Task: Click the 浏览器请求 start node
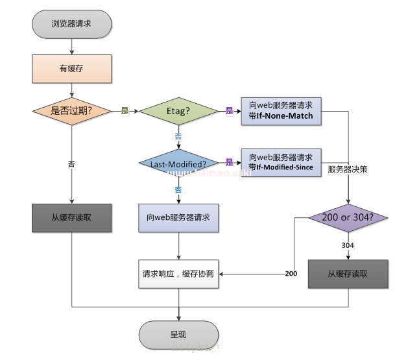pyautogui.click(x=71, y=24)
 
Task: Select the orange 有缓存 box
pyautogui.click(x=71, y=67)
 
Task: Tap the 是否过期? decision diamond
pyautogui.click(x=71, y=110)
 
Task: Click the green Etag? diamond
pyautogui.click(x=178, y=110)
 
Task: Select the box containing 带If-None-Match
pyautogui.click(x=281, y=110)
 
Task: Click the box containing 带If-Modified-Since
pyautogui.click(x=281, y=162)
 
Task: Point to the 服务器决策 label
pyautogui.click(x=349, y=169)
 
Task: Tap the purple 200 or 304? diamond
pyautogui.click(x=349, y=218)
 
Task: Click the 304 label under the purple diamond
pyautogui.click(x=348, y=245)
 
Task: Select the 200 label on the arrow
pyautogui.click(x=291, y=274)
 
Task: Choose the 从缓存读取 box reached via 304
pyautogui.click(x=348, y=274)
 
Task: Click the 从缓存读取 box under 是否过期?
pyautogui.click(x=71, y=218)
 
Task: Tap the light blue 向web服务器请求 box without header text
pyautogui.click(x=178, y=218)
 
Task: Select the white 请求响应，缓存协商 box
pyautogui.click(x=178, y=274)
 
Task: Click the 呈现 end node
pyautogui.click(x=178, y=335)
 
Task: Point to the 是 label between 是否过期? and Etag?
pyautogui.click(x=125, y=111)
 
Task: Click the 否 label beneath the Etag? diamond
pyautogui.click(x=178, y=136)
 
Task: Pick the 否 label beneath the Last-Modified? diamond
pyautogui.click(x=178, y=189)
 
